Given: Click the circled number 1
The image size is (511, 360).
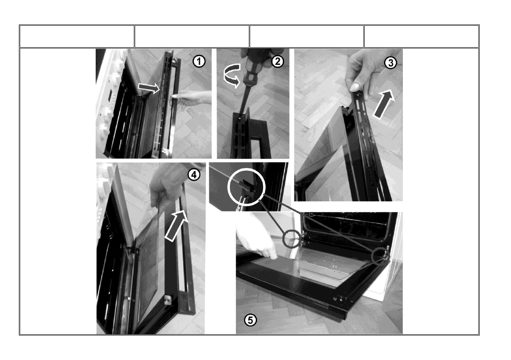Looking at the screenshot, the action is [199, 61].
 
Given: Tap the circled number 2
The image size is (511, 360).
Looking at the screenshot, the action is [277, 61].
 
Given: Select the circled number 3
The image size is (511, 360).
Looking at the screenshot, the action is [390, 63].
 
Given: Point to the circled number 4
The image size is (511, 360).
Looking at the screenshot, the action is [194, 175].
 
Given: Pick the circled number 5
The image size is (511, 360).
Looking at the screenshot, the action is [250, 320].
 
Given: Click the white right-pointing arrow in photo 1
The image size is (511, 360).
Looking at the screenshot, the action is [149, 87].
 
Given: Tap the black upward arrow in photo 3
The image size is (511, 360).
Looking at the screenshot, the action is [384, 104].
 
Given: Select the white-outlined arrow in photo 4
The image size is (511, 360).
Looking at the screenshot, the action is [177, 225].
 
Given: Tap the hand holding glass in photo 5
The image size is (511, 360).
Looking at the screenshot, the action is [256, 239].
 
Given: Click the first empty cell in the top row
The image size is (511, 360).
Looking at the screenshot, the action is [77, 36].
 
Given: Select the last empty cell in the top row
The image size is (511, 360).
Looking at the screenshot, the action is [421, 36].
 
